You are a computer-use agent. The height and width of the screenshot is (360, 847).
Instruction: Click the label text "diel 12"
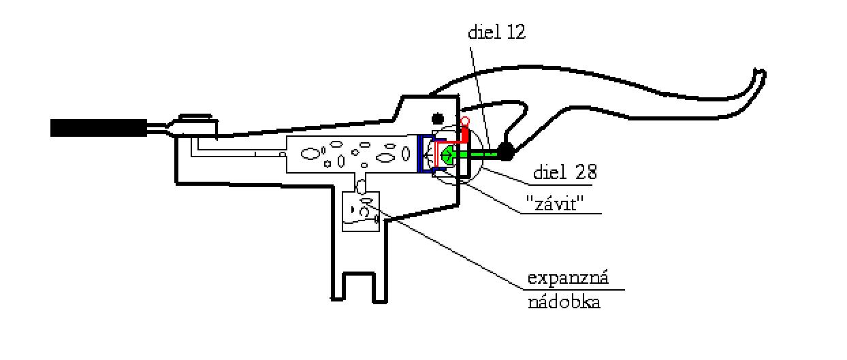(x=496, y=33)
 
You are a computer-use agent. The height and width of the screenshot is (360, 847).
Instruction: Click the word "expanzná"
(x=568, y=279)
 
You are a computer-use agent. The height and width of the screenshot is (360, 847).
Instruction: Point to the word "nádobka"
(x=564, y=303)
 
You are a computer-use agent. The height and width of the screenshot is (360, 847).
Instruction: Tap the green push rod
(x=480, y=154)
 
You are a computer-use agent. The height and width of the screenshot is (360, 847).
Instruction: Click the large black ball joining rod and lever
(x=506, y=152)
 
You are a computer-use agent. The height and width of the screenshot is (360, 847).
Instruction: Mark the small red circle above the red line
(x=465, y=122)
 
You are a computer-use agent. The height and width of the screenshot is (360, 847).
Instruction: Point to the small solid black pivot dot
(x=438, y=118)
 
